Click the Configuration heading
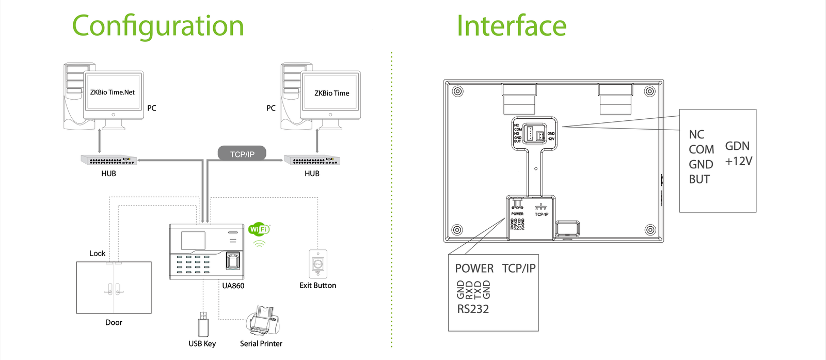pos(157,26)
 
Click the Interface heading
pos(511,26)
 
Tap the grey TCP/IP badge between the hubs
pos(242,154)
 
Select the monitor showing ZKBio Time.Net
pos(113,93)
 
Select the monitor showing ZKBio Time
pos(331,93)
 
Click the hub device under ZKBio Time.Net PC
pos(108,160)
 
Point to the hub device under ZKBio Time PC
pos(312,160)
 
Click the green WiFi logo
pos(259,229)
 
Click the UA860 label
pos(233,286)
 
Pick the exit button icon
pos(317,264)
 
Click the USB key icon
pos(203,324)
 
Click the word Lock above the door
pos(97,254)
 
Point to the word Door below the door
pos(114,322)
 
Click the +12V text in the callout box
pos(738,161)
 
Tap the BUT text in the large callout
pos(699,179)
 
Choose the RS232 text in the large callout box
pos(473,309)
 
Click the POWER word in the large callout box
pos(474,269)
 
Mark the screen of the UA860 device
pos(193,241)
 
